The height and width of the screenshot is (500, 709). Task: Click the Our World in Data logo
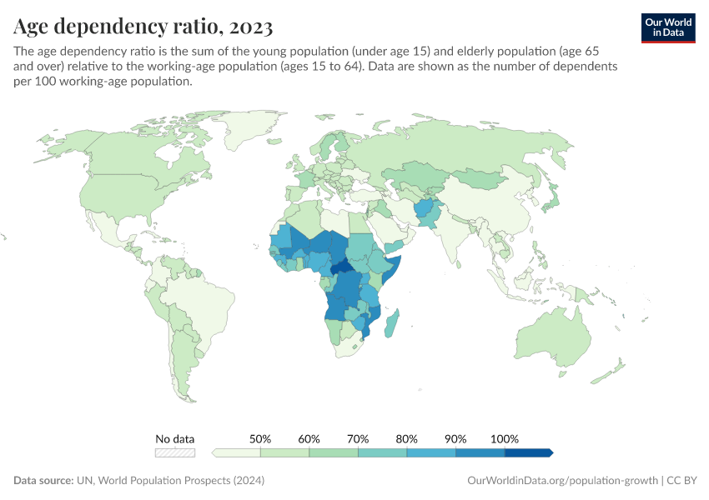667,27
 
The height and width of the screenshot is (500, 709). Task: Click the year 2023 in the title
248,27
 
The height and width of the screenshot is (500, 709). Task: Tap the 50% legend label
260,438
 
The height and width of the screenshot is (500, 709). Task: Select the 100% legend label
505,438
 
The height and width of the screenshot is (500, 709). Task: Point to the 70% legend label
358,438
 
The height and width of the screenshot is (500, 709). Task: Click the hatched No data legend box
175,452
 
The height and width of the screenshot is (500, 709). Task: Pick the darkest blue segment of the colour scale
528,452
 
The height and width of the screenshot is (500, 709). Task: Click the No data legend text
175,438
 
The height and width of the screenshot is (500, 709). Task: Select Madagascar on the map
393,323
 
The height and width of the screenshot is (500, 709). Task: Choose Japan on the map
551,200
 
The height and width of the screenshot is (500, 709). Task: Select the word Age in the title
32,27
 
